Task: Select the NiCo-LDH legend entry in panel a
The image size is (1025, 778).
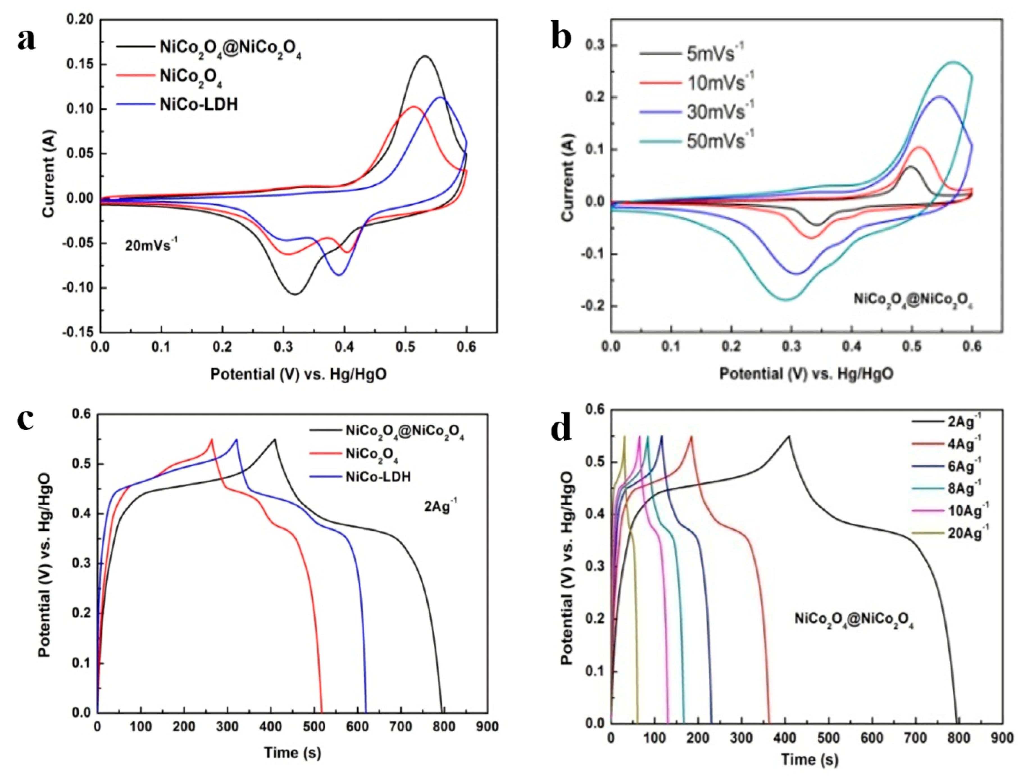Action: tap(198, 105)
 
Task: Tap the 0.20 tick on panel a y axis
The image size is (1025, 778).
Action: tap(80, 19)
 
